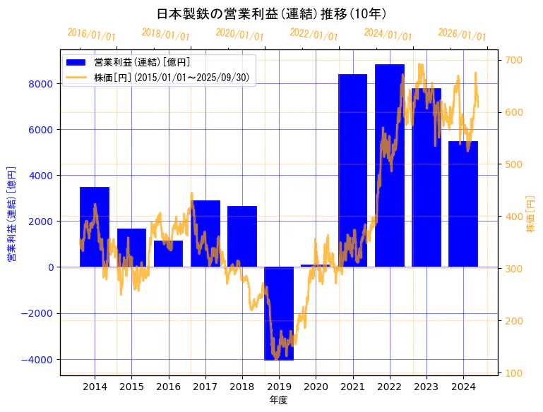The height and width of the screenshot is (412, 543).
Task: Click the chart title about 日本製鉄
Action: pyautogui.click(x=271, y=13)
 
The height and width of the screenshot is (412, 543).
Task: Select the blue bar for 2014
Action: pyautogui.click(x=95, y=226)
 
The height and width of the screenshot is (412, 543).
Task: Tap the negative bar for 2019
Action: pyautogui.click(x=279, y=313)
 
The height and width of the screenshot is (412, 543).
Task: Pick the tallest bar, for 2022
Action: pyautogui.click(x=390, y=166)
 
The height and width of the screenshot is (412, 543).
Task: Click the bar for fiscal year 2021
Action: pyautogui.click(x=352, y=170)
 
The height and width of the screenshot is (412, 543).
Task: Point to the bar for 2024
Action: pyautogui.click(x=463, y=204)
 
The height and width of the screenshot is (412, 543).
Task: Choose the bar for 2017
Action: pyautogui.click(x=205, y=234)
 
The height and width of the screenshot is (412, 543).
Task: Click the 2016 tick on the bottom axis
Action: pyautogui.click(x=168, y=387)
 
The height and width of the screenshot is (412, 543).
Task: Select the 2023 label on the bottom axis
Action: pyautogui.click(x=426, y=387)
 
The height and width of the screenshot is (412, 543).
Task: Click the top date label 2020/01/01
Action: pyautogui.click(x=239, y=34)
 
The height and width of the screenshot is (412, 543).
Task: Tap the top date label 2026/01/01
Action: pyautogui.click(x=462, y=34)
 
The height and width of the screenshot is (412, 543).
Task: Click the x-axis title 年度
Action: pyautogui.click(x=279, y=400)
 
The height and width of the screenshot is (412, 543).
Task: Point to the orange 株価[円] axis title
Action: pyautogui.click(x=531, y=214)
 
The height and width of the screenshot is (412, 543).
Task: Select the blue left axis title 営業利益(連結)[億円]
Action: pyautogui.click(x=11, y=214)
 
